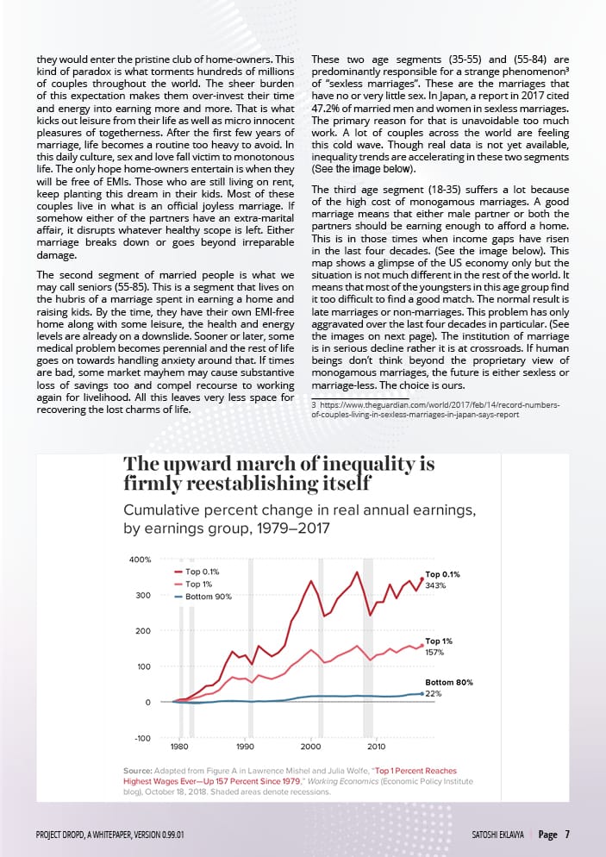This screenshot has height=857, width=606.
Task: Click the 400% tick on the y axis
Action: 141,560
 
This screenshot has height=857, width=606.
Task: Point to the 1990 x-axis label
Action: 245,746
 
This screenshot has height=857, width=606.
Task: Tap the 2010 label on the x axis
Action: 377,746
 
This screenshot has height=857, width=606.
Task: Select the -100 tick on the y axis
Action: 141,738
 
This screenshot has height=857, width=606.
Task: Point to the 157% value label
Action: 435,653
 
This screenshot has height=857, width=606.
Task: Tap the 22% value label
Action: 434,693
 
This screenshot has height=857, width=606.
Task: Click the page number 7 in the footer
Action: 566,834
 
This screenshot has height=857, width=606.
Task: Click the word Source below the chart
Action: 138,770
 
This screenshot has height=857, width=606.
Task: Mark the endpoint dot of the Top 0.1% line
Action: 422,579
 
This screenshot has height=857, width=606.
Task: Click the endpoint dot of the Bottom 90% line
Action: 422,693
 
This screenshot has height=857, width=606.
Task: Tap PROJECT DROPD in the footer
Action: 66,835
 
